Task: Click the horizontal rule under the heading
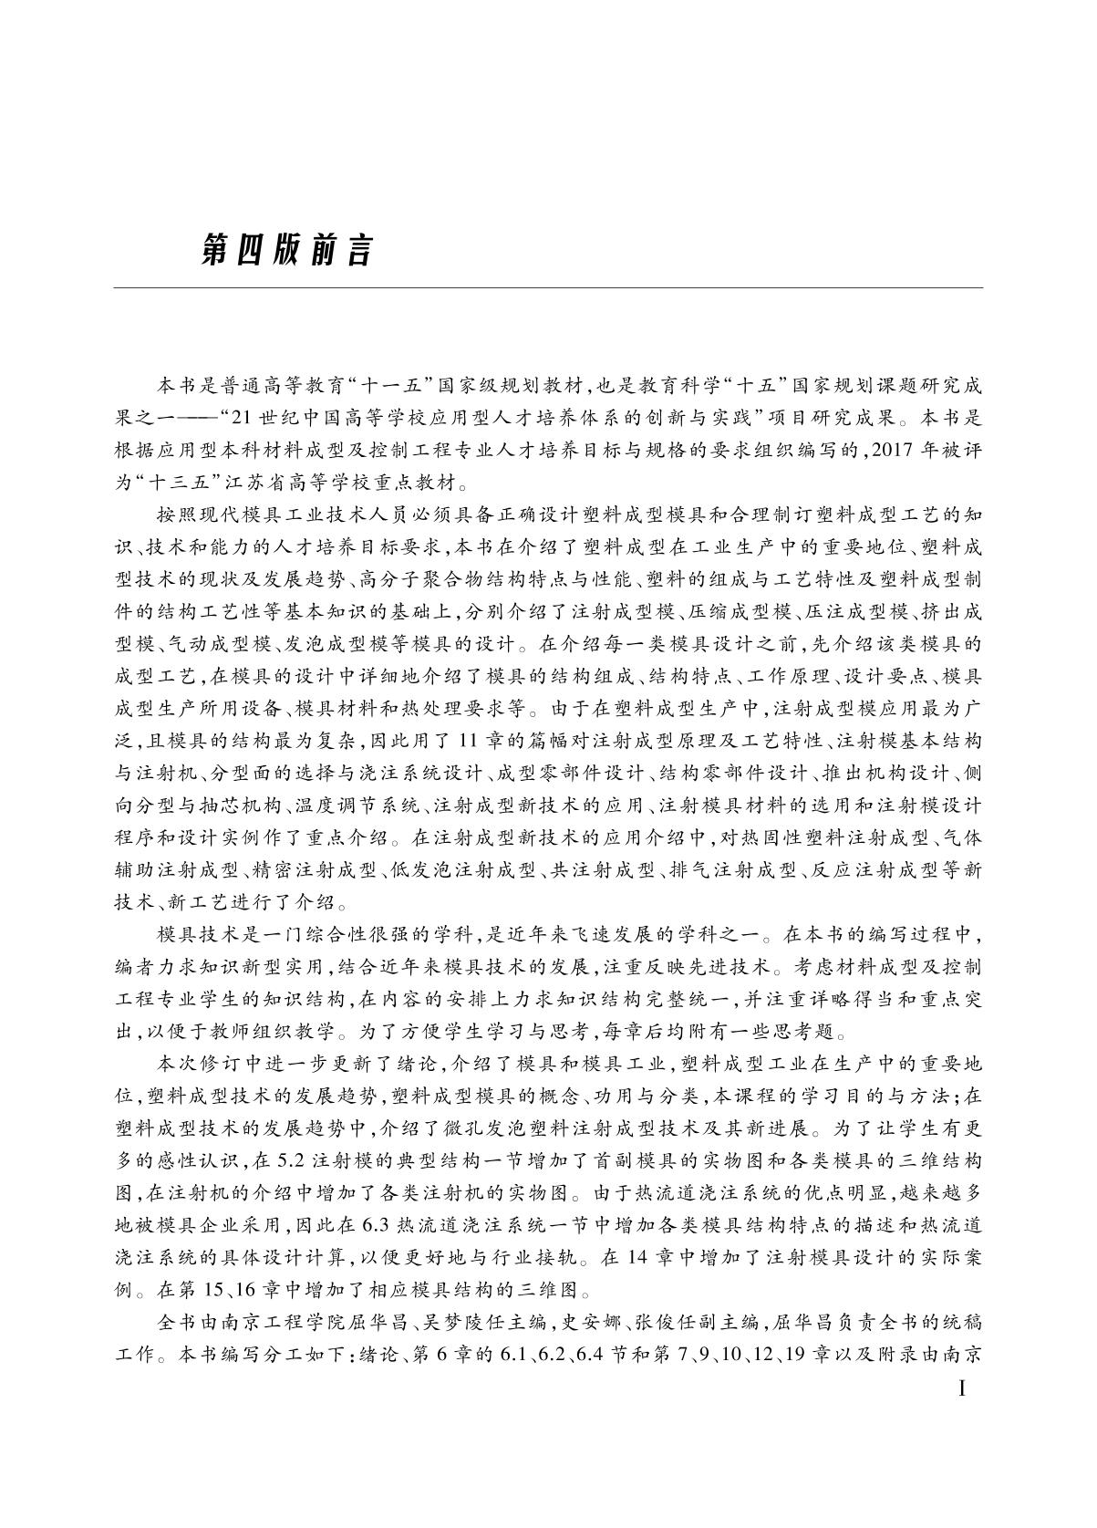[548, 288]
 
